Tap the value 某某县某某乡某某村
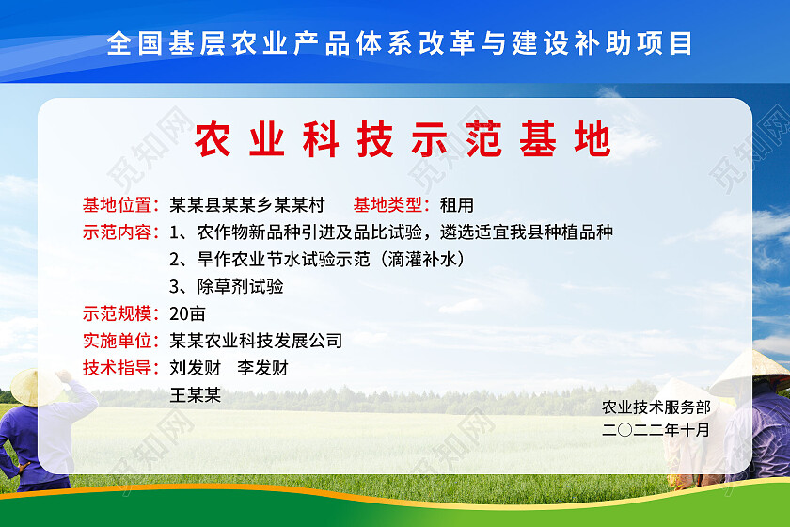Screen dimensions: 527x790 click(246, 204)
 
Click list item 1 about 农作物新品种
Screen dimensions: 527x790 click(391, 232)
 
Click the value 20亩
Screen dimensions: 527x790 click(187, 313)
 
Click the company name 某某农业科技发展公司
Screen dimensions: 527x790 click(256, 341)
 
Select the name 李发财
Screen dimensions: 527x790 click(262, 368)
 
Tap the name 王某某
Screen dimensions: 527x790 click(195, 395)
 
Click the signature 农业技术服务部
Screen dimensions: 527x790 click(656, 407)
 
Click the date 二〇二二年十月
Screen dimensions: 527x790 click(656, 430)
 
